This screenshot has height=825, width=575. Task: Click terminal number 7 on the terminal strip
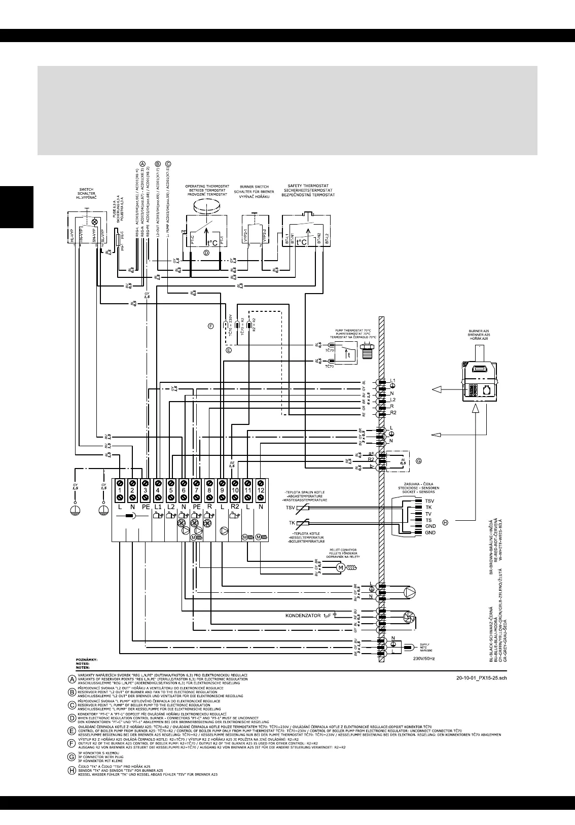point(196,491)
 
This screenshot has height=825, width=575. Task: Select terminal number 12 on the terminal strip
point(260,491)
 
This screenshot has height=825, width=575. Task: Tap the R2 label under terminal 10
point(234,507)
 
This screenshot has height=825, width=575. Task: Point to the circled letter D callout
point(206,252)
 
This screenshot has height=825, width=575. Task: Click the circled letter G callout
point(418,461)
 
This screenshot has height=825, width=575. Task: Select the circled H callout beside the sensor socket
point(446,522)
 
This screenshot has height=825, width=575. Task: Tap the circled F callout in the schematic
point(211,326)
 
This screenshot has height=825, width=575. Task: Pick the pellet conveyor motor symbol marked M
point(340,566)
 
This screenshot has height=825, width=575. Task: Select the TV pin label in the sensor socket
point(428,514)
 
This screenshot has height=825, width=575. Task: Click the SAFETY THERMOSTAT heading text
point(308,186)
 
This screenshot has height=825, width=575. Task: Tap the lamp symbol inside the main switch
point(93,222)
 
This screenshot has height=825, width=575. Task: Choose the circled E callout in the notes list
point(73,730)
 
